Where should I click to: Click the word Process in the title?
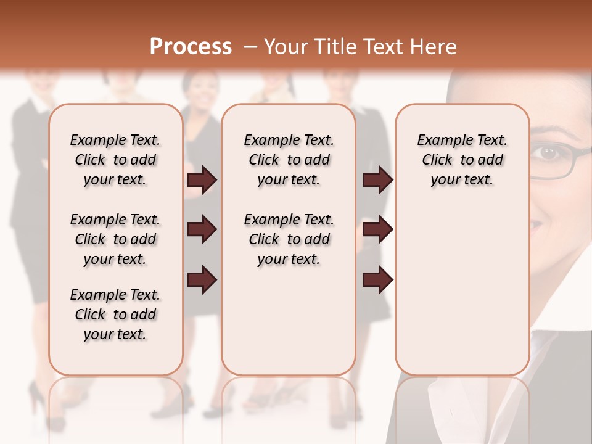pos(191,47)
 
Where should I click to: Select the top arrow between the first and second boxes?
pos(202,180)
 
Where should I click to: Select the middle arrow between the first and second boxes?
pos(202,230)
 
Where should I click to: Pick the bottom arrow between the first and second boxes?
pos(202,280)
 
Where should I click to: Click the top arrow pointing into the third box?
pos(377,180)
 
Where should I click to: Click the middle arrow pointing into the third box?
pos(377,230)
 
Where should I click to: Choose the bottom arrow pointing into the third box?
pos(377,280)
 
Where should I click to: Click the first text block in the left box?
pos(115,160)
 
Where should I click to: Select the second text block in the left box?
pos(115,239)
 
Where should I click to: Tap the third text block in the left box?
pos(115,314)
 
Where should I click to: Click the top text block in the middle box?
pos(289,160)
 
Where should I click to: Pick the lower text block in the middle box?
pos(289,239)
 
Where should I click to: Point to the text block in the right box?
pos(462,160)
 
